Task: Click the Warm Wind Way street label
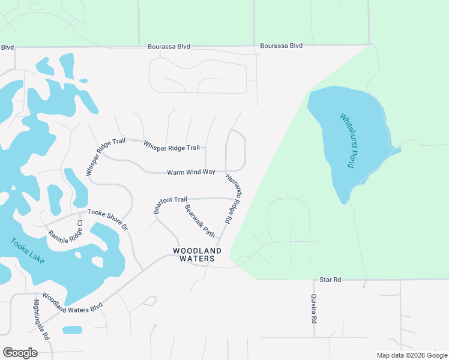[191, 172]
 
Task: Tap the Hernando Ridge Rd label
[234, 198]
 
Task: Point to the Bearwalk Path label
[200, 220]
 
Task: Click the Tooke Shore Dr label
[108, 219]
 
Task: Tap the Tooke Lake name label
[27, 251]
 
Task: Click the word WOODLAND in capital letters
[197, 250]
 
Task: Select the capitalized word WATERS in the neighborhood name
[197, 259]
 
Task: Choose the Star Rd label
[330, 280]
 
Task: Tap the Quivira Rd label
[313, 308]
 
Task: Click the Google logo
[20, 352]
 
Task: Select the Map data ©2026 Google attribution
[412, 355]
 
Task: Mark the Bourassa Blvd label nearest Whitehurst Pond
[281, 46]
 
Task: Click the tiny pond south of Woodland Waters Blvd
[72, 330]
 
